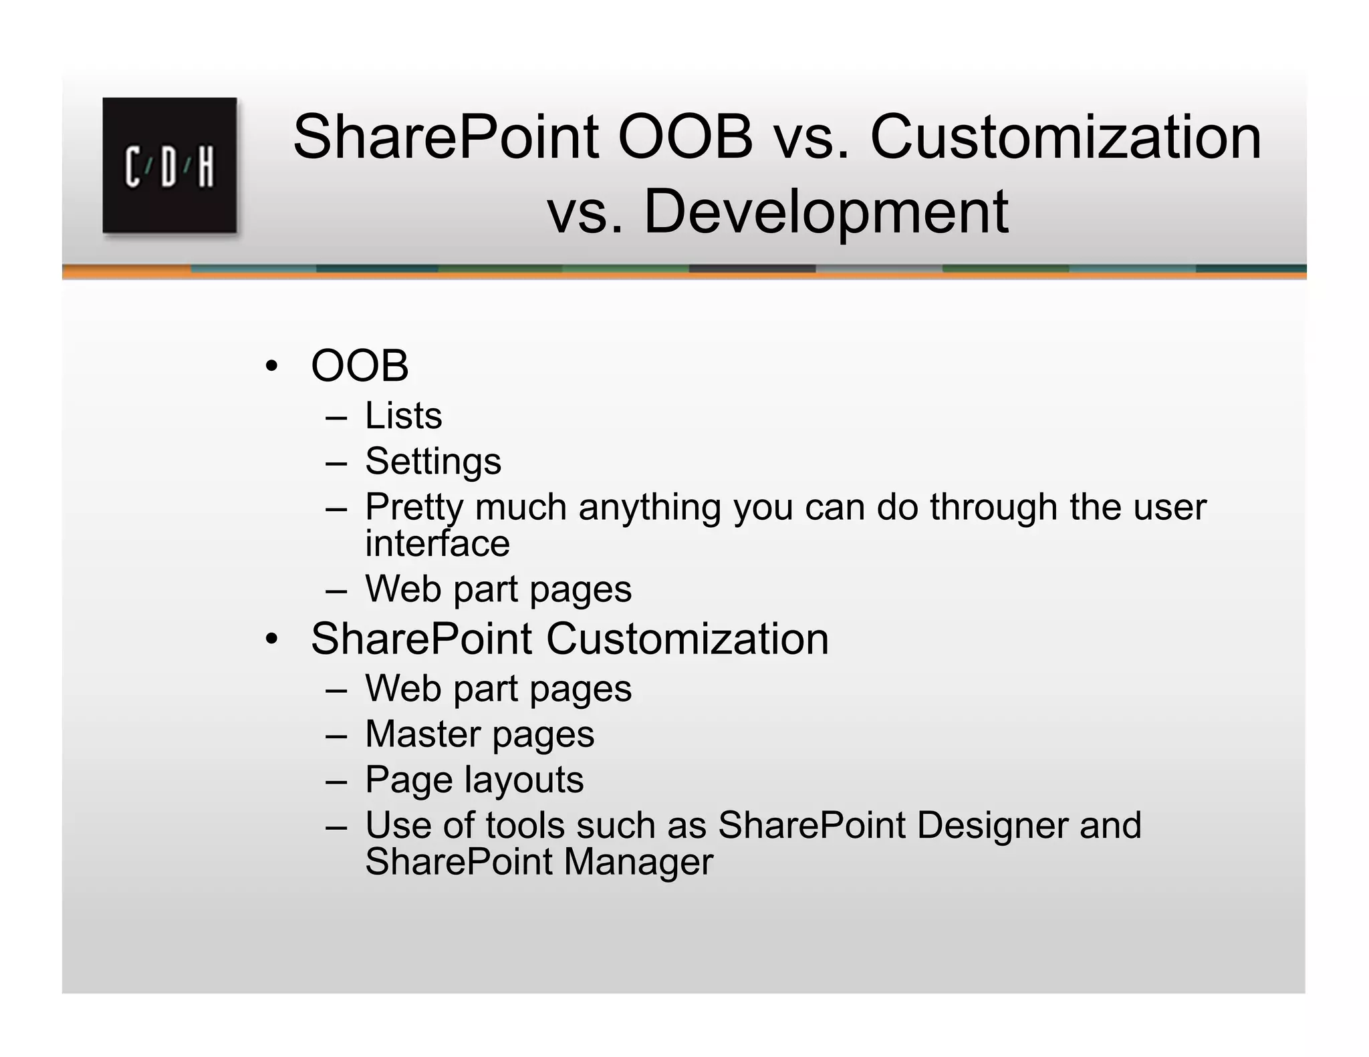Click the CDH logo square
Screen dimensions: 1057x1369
pos(170,165)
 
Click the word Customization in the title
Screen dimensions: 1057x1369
pos(1065,137)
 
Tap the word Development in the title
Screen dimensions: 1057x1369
pos(826,212)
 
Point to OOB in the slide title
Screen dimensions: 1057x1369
pos(685,137)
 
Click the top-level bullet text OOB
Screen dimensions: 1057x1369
pos(360,366)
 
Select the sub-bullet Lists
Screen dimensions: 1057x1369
pos(403,416)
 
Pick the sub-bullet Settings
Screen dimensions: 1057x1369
pos(433,461)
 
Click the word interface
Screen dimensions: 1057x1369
pos(437,543)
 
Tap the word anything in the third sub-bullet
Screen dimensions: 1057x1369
pos(650,507)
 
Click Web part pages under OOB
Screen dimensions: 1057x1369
pos(498,589)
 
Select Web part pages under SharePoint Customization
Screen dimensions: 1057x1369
pos(498,688)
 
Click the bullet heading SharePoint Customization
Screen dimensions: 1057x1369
pos(570,639)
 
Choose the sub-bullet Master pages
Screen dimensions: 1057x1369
pos(479,734)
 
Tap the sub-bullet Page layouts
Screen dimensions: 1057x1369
pos(474,779)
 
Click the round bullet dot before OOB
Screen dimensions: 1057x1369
pos(271,367)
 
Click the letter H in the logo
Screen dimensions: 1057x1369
pos(205,166)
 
